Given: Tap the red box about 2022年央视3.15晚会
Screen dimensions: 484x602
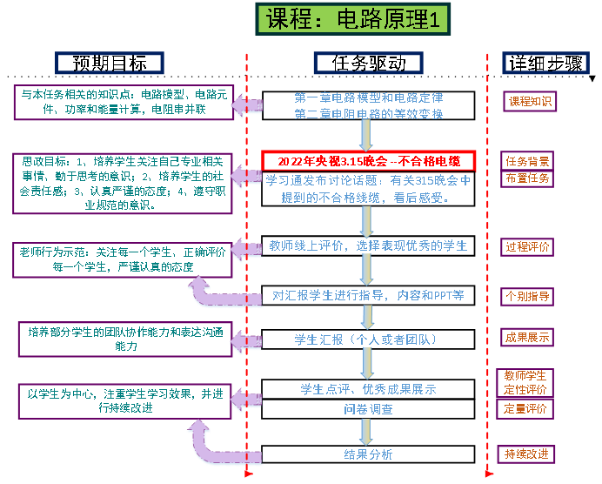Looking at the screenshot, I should [x=371, y=161].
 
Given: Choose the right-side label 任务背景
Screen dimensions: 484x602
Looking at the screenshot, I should [x=527, y=161].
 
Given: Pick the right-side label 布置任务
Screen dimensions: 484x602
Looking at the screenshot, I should [x=527, y=178].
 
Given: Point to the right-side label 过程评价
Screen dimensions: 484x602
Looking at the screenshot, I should [x=528, y=246].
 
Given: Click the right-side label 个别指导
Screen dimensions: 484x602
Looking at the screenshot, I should [x=528, y=296].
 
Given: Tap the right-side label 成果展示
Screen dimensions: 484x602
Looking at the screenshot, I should [x=527, y=337].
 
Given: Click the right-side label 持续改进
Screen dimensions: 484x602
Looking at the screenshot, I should [x=527, y=454].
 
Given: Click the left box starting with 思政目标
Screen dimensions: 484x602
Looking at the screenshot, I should [x=122, y=183].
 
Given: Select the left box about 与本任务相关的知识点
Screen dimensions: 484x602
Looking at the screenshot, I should [x=122, y=101].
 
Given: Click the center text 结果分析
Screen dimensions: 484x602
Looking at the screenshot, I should [x=368, y=454].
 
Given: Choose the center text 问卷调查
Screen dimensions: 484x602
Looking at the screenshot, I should [x=368, y=408].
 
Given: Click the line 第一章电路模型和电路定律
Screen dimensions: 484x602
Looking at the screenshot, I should [x=369, y=97].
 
